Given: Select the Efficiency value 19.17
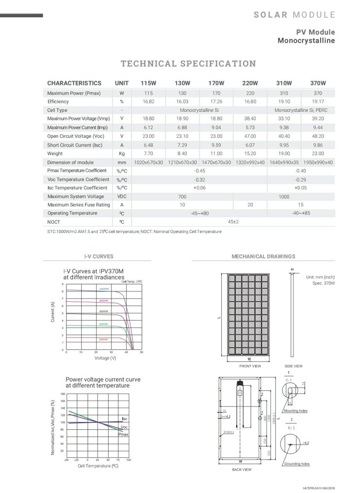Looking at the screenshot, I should (x=318, y=102).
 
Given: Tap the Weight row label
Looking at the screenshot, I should (x=55, y=154).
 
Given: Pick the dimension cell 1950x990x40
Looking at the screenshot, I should (x=318, y=162).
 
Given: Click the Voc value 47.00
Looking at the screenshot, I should (x=250, y=136).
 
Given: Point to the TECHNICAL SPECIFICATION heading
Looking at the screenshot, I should (x=188, y=64).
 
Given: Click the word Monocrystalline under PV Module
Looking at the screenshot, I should (x=306, y=40).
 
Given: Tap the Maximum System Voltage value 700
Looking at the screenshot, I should (x=182, y=197).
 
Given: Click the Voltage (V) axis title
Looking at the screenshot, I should (x=105, y=358).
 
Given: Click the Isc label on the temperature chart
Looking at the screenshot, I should (x=124, y=419).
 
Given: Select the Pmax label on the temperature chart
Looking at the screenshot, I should (x=124, y=435).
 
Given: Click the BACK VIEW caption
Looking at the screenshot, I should (x=241, y=470).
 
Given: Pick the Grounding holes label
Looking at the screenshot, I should (x=297, y=464).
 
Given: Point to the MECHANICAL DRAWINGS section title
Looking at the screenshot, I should (x=263, y=256).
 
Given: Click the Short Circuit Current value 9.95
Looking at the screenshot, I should (x=284, y=145).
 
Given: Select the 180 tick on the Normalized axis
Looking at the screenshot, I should (x=62, y=394).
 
